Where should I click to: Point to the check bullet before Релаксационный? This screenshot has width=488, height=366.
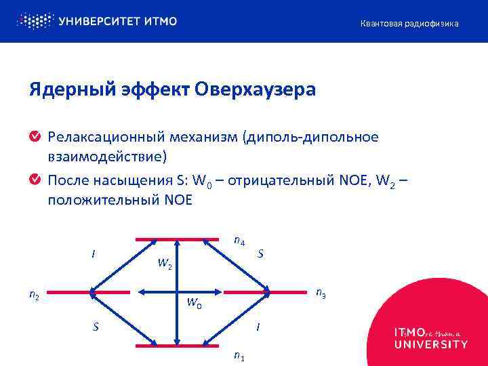35,138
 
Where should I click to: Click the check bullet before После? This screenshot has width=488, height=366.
35,180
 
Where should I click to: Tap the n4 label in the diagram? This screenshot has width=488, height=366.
239,240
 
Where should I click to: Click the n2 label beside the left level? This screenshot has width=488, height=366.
34,294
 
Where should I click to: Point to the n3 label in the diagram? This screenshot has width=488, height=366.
322,293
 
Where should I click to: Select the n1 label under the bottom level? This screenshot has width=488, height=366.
239,355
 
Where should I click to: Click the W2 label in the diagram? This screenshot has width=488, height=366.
165,264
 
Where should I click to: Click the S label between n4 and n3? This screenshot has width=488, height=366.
261,254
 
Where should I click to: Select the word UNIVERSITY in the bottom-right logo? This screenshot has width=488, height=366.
430,344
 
